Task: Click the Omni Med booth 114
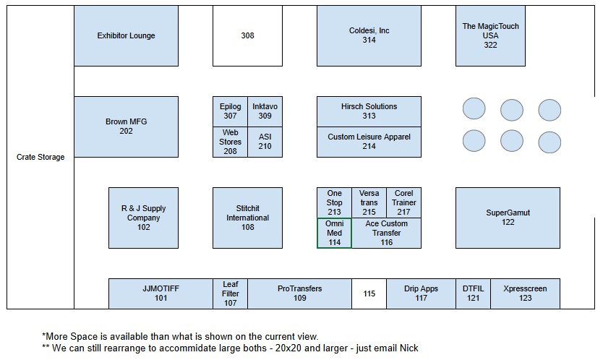[334, 233]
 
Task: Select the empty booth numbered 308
[248, 35]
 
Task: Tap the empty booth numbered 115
[369, 293]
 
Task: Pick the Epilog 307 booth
[231, 111]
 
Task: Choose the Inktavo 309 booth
[265, 111]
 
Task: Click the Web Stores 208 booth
[231, 142]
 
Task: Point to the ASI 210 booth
[265, 142]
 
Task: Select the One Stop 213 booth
[334, 202]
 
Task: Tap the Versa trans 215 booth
[369, 202]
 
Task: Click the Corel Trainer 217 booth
[403, 202]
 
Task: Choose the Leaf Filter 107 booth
[231, 293]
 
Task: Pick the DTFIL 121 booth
[474, 293]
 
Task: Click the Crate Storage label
[40, 157]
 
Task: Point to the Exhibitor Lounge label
[126, 35]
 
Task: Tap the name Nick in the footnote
[409, 348]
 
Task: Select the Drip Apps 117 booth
[421, 293]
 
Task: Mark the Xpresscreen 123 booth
[526, 293]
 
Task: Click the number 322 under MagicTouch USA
[490, 45]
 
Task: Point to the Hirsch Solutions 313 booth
[369, 111]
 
